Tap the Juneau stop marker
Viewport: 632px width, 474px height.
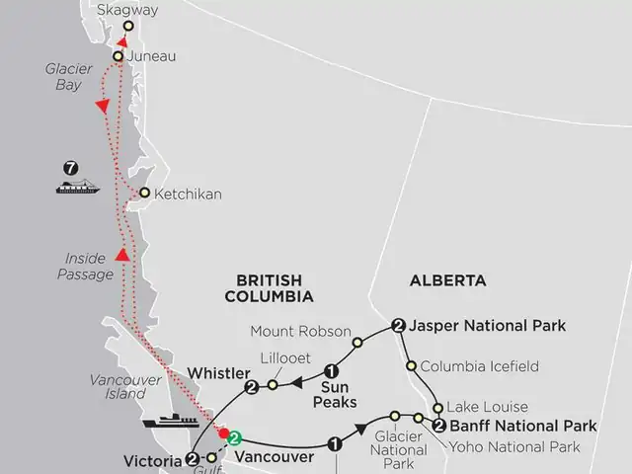tap(118, 56)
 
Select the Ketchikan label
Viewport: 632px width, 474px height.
tap(188, 194)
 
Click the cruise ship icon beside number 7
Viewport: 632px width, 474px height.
tap(78, 187)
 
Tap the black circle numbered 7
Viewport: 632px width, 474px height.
tap(70, 168)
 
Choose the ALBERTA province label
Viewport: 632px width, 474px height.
tap(448, 280)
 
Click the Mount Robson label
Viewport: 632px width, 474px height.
tap(292, 331)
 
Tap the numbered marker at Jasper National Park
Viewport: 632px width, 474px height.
tap(397, 325)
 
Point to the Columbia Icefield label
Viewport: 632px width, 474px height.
tap(480, 366)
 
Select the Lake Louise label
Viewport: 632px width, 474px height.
tap(487, 406)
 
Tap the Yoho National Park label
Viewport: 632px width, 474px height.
tap(514, 447)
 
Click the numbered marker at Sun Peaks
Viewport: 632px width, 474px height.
tap(331, 372)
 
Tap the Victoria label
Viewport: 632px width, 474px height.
tap(153, 460)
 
